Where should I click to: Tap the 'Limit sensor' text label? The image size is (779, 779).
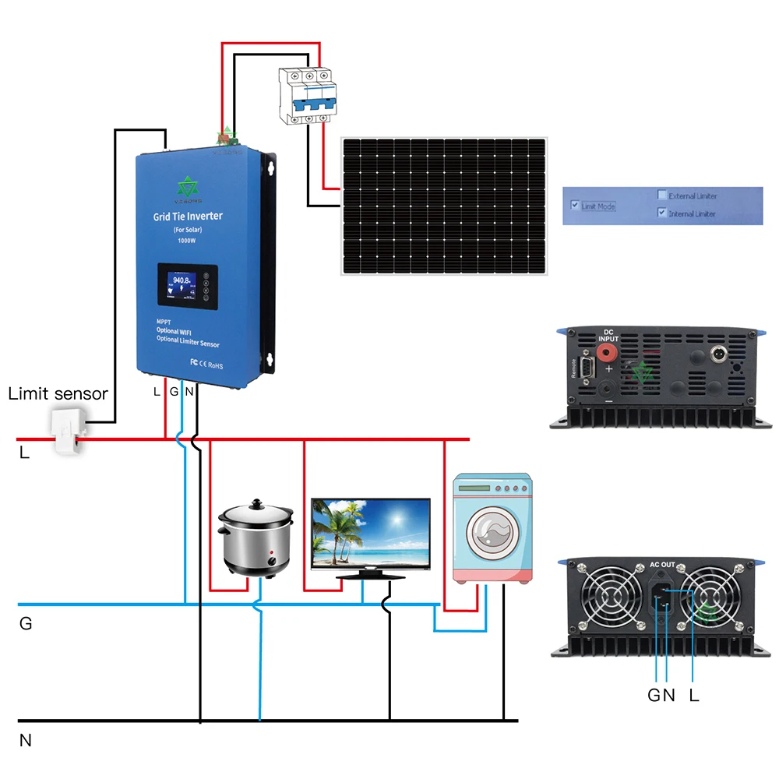pyautogui.click(x=58, y=394)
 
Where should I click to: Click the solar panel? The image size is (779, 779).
pyautogui.click(x=443, y=206)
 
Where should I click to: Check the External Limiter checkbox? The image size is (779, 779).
pyautogui.click(x=661, y=196)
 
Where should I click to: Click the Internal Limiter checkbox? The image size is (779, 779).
pyautogui.click(x=661, y=213)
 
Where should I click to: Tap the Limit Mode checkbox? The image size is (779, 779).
pyautogui.click(x=575, y=206)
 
